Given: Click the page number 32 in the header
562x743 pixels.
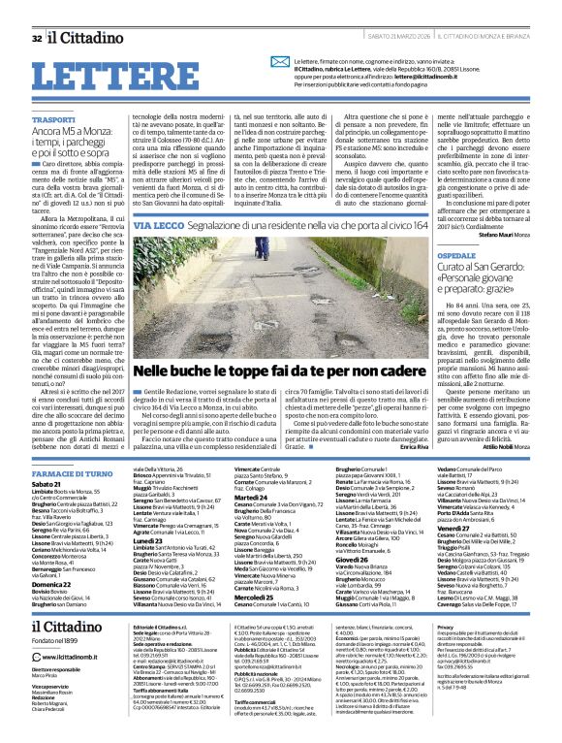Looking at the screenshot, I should [x=37, y=11].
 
